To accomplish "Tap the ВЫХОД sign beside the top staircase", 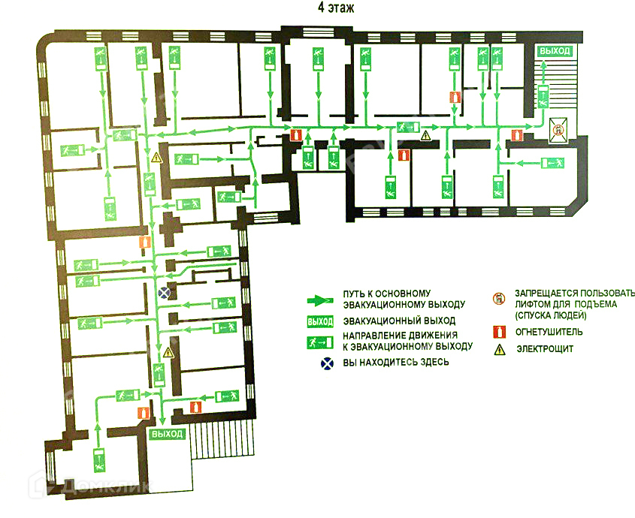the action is pos(555,51).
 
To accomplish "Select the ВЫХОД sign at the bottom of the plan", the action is pos(167,435).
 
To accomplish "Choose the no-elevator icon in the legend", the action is pos(497,298).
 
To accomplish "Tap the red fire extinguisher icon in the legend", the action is pos(497,331).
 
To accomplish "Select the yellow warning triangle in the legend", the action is pos(497,349).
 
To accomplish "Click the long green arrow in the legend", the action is pos(320,300).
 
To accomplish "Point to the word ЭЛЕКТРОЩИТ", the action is pos(543,349).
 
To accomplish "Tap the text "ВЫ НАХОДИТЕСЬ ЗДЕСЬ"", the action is pos(396,363).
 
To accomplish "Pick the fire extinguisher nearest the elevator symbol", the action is pos(516,136).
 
